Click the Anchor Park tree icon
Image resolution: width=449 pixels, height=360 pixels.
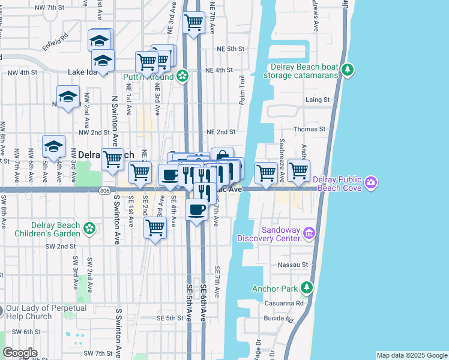(x=307, y=288)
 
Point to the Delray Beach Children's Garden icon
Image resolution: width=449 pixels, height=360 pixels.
(x=89, y=228)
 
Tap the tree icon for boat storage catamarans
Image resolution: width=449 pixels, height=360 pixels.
(x=347, y=71)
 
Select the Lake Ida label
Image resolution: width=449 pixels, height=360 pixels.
(x=82, y=72)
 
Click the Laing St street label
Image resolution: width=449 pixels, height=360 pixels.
(x=318, y=100)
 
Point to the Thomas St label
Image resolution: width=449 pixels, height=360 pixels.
(x=309, y=129)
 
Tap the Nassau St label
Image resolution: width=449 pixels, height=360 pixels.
(x=292, y=264)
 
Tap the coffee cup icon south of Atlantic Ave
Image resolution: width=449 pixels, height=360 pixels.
(x=196, y=210)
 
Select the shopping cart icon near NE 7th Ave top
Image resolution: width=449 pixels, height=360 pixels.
(x=193, y=23)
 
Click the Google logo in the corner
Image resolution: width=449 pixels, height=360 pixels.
(x=20, y=353)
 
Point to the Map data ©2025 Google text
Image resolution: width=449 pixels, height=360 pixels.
(x=411, y=355)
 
